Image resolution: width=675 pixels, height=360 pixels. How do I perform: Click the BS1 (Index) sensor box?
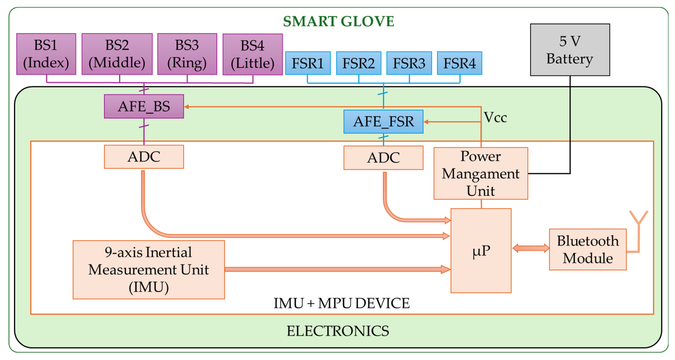click(46, 54)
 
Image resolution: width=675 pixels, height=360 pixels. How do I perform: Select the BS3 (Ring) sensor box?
click(187, 54)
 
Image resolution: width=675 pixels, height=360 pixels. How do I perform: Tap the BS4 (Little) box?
click(252, 54)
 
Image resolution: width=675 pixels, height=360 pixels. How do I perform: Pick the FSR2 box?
click(358, 63)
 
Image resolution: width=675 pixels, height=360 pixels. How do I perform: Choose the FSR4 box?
click(459, 63)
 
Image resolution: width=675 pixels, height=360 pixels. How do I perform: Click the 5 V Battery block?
click(570, 50)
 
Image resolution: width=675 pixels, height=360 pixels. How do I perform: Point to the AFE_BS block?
click(144, 106)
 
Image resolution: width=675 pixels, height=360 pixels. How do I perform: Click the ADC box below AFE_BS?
click(144, 157)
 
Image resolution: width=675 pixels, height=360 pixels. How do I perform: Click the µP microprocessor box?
click(481, 250)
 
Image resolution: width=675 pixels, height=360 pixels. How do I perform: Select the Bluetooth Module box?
click(588, 249)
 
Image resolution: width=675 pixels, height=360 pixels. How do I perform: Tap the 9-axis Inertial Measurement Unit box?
click(148, 270)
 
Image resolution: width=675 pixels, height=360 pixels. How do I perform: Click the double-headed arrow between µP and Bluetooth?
click(530, 248)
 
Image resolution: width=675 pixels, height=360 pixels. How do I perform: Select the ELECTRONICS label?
click(337, 331)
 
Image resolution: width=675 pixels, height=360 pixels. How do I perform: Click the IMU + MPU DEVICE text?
click(341, 303)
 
